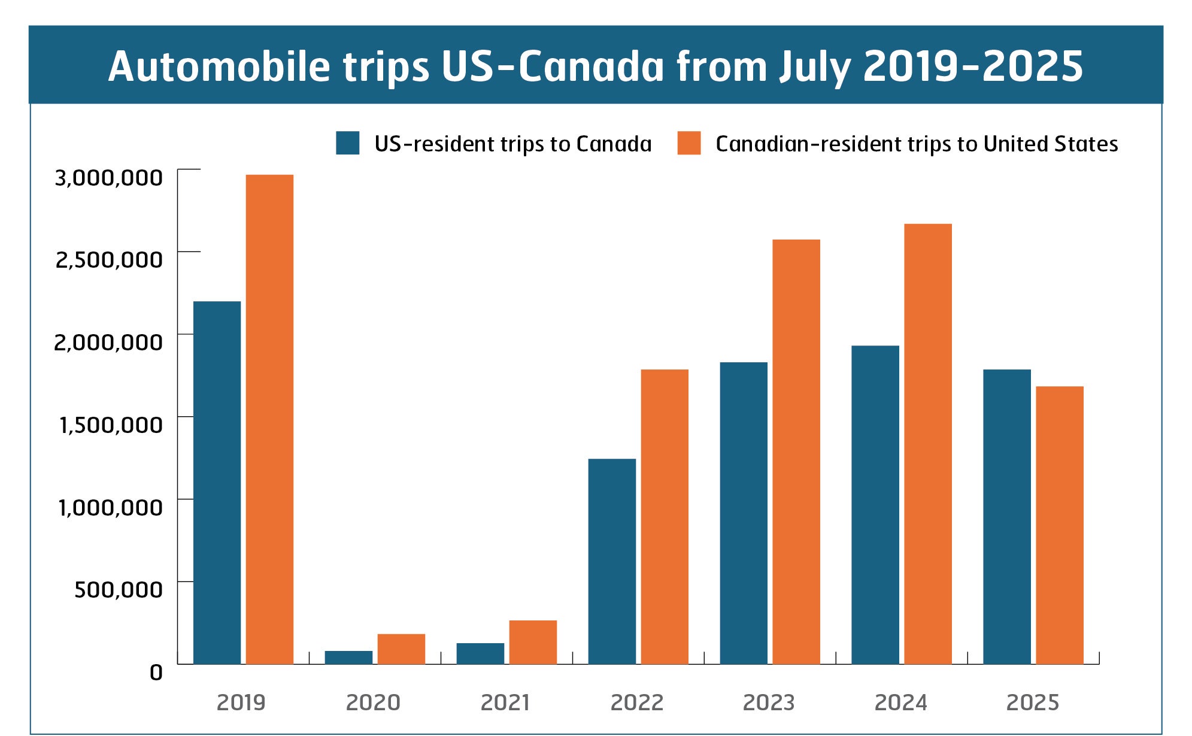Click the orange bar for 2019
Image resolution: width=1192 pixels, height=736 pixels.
[269, 419]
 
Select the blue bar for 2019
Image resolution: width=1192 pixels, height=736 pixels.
[217, 482]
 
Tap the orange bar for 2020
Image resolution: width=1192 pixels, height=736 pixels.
[401, 649]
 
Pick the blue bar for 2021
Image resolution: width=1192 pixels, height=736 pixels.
[480, 653]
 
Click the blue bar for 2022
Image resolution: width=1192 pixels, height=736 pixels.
[612, 561]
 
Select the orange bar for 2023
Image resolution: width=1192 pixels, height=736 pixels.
[796, 452]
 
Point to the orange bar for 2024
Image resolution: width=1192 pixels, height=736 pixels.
[928, 444]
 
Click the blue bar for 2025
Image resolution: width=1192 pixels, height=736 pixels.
[1007, 516]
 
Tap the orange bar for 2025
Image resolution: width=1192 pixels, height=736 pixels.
[1060, 525]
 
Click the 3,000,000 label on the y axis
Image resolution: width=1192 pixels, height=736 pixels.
[108, 178]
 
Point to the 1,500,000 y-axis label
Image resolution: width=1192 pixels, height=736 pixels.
[111, 425]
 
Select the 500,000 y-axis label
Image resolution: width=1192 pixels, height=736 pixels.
[118, 590]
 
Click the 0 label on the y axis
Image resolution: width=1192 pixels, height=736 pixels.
[156, 673]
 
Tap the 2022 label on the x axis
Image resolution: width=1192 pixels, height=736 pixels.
[637, 702]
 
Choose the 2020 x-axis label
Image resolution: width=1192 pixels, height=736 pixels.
[373, 702]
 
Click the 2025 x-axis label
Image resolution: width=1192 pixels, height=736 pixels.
[1033, 702]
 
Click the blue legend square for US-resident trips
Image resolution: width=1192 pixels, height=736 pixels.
[347, 143]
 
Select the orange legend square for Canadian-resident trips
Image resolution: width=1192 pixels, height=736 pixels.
[688, 143]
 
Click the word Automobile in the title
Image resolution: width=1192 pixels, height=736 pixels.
[219, 66]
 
